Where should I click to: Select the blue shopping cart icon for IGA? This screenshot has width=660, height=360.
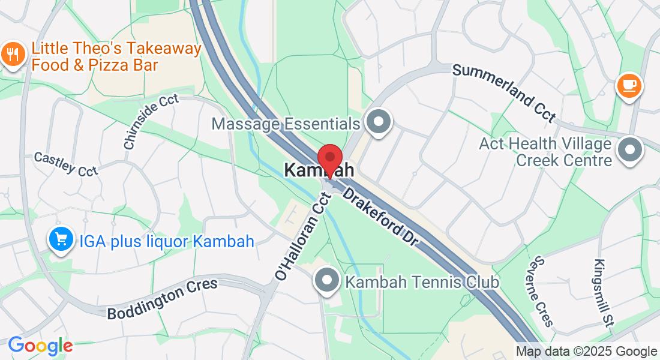[x=61, y=240]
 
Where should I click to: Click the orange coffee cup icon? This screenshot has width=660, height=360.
[x=629, y=86]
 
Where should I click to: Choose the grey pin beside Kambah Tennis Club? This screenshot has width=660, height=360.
[x=328, y=280]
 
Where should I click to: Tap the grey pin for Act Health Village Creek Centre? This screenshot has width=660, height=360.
[x=630, y=151]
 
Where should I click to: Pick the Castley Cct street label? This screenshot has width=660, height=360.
[x=65, y=164]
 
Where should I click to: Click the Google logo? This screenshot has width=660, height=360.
[x=40, y=346]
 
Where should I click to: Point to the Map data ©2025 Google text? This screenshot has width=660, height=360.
[x=587, y=352]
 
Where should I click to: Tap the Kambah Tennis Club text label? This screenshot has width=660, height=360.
[x=423, y=281]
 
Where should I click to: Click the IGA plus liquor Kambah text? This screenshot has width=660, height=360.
[x=167, y=241]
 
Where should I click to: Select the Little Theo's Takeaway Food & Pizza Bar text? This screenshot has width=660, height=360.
[x=116, y=56]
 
